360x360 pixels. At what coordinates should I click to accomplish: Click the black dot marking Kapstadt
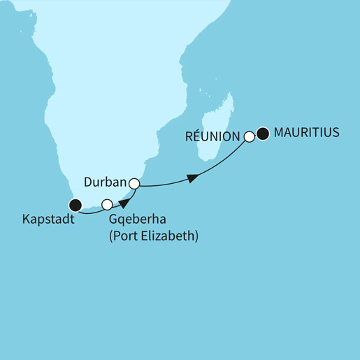[75, 205]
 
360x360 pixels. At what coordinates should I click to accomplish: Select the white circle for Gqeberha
[107, 205]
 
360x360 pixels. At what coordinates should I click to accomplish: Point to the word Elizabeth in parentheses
[171, 236]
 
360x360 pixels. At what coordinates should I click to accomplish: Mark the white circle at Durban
[135, 185]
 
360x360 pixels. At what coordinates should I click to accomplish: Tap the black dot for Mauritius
[263, 133]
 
